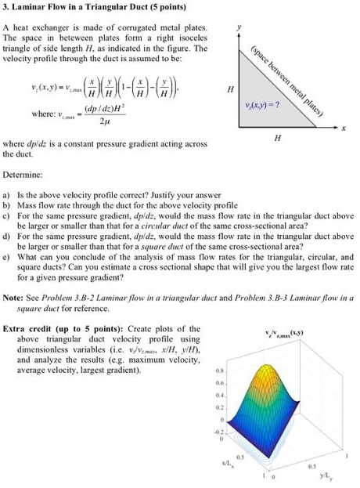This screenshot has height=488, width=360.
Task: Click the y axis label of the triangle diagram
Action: pyautogui.click(x=241, y=27)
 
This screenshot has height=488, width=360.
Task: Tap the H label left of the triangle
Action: pyautogui.click(x=229, y=89)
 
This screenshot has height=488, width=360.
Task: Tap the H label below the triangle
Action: pyautogui.click(x=277, y=138)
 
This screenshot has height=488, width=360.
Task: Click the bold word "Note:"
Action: pyautogui.click(x=14, y=298)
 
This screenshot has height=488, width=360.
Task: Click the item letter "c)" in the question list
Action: pyautogui.click(x=7, y=214)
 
